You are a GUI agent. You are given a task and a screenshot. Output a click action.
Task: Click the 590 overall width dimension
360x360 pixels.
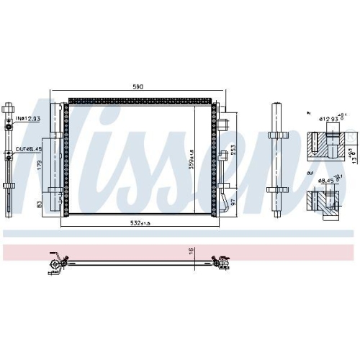pos(138,86)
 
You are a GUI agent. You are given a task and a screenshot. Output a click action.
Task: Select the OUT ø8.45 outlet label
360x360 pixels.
pos(28,150)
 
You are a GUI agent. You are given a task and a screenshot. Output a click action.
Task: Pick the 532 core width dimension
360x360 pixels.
pos(137,222)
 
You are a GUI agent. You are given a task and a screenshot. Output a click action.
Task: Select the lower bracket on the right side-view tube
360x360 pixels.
pos(276,190)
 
